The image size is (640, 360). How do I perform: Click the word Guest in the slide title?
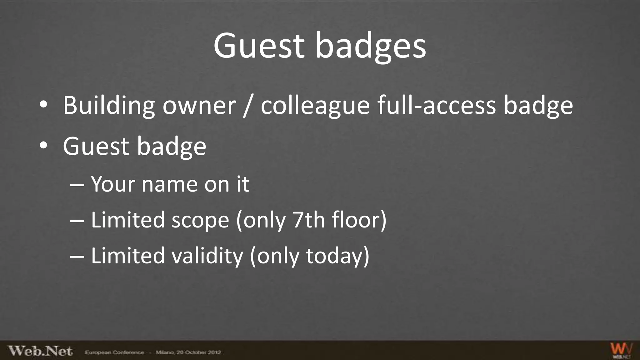pyautogui.click(x=259, y=46)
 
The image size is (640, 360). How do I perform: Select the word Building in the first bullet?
pyautogui.click(x=109, y=105)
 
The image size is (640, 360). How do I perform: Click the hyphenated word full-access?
pyautogui.click(x=436, y=105)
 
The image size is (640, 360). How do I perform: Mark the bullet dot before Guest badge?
pyautogui.click(x=43, y=145)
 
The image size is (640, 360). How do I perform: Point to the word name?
pyautogui.click(x=169, y=184)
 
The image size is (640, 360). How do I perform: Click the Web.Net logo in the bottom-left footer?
pyautogui.click(x=40, y=351)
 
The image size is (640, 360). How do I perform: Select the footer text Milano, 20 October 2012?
pyautogui.click(x=188, y=352)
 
